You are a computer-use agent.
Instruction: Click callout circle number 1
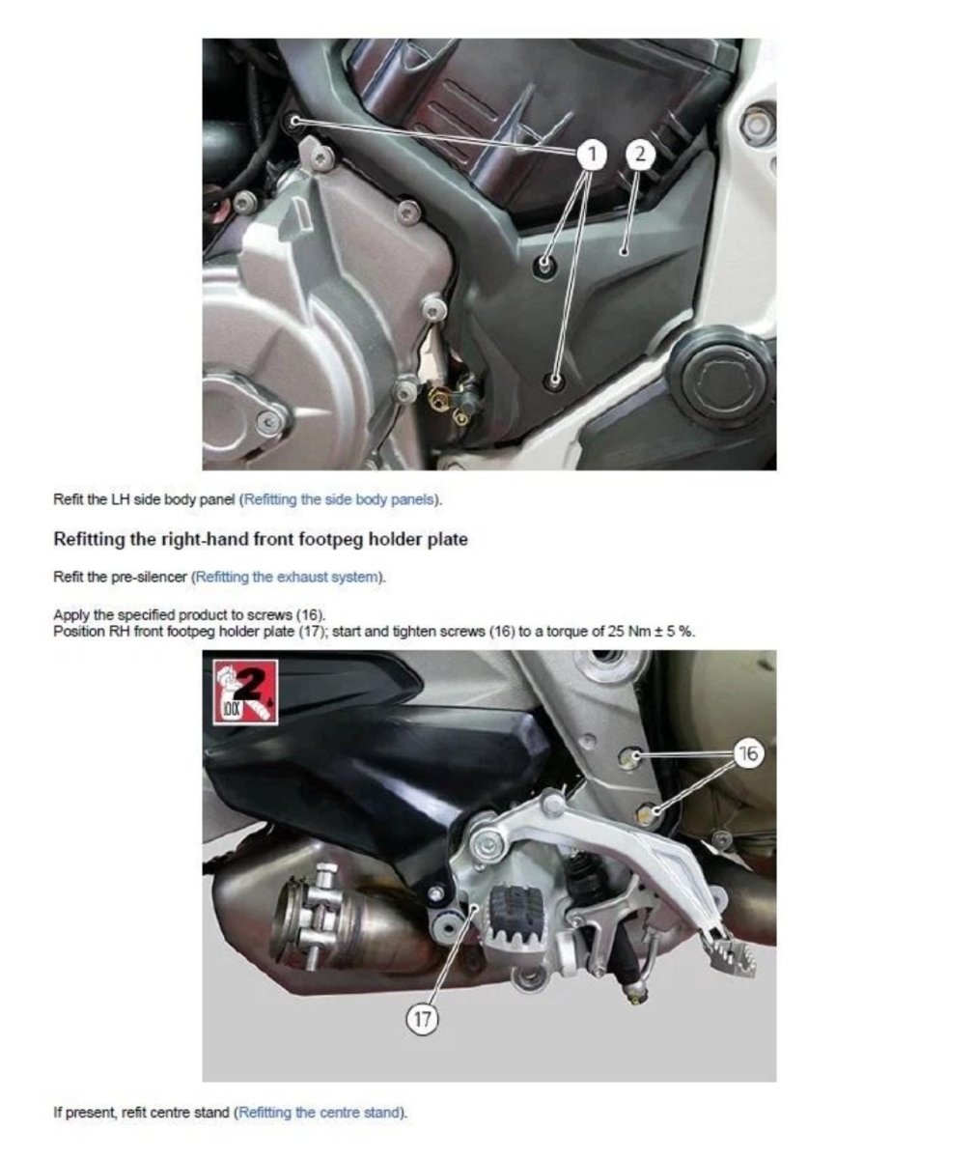point(592,154)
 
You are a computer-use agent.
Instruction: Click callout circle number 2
point(640,154)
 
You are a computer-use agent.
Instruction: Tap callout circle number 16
point(748,753)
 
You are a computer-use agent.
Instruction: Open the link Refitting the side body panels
point(339,499)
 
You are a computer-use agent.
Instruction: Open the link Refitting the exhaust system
point(287,577)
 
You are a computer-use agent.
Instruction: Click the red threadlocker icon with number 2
point(245,693)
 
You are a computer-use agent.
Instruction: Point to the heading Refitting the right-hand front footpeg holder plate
point(261,539)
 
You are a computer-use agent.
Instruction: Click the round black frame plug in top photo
point(721,380)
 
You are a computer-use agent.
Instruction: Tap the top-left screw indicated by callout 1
point(295,121)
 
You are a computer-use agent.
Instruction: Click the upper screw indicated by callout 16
point(629,756)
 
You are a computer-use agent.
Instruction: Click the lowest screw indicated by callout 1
point(554,381)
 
